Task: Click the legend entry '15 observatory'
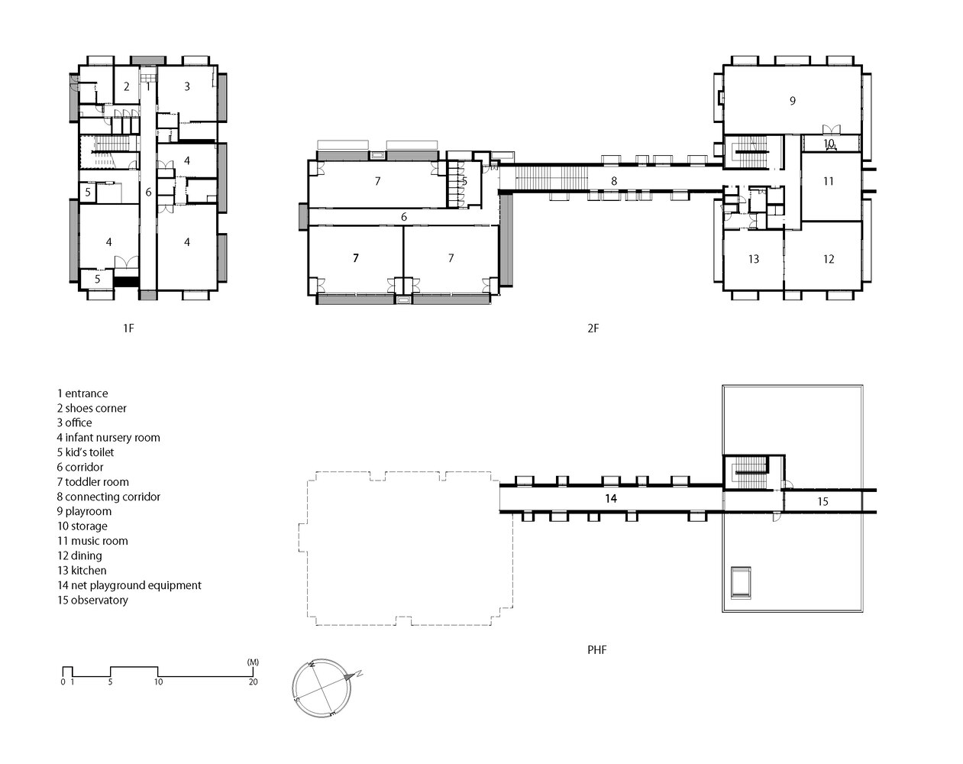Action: [x=92, y=600]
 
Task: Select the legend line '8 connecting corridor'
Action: [x=108, y=497]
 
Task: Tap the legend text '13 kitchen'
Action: [x=82, y=571]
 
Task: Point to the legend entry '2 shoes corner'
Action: [x=92, y=408]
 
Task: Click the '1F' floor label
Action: [x=128, y=329]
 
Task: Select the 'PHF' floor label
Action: [x=597, y=650]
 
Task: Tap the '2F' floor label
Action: [x=593, y=329]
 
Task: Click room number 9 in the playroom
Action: [x=793, y=101]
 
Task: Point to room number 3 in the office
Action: [x=187, y=86]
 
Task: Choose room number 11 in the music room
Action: [x=829, y=181]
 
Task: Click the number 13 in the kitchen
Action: [x=754, y=259]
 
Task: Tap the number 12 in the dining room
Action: [x=829, y=259]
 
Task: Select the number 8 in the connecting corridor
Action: [x=614, y=181]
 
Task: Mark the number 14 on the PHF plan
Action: [x=611, y=498]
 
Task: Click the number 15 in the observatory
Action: [x=823, y=502]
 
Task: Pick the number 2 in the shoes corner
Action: [x=127, y=86]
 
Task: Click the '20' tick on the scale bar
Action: [x=254, y=682]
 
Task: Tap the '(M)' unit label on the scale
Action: [x=253, y=662]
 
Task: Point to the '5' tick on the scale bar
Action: [x=110, y=682]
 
